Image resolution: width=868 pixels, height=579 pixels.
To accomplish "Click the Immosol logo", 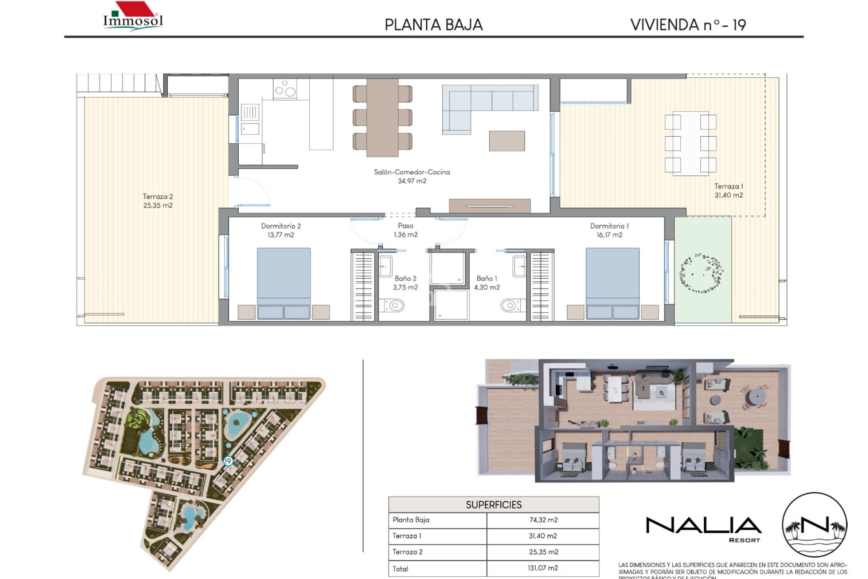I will coord(132,17).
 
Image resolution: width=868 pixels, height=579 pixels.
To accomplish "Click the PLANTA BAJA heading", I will coord(434,25).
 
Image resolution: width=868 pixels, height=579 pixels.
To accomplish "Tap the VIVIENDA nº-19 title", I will coord(688,25).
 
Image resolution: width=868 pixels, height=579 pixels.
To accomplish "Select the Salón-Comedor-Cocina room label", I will coord(412,172).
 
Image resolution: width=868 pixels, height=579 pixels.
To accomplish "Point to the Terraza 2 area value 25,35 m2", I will coord(158,205).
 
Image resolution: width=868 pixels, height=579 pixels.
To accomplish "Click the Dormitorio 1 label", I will coord(609,226).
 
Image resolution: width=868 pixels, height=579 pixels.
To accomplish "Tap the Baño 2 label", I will coord(405,279).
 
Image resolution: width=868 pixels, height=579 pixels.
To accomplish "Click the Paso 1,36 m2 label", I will coord(406,230).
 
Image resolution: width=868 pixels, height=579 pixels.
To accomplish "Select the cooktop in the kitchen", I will coord(285,89).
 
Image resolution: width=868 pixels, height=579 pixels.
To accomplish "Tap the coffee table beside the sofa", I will coord(507,141).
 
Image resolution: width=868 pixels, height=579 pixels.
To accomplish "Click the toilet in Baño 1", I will coord(509,306).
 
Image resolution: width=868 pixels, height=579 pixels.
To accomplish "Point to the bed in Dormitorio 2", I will coord(283,280).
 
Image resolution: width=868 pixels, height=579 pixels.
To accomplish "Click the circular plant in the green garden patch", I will coord(702,273).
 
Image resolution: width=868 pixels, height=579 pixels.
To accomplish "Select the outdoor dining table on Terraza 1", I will coord(690,143).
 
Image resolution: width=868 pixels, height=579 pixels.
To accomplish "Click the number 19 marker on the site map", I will coord(228,461).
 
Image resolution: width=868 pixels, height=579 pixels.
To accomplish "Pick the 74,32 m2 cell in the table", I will coord(543,520).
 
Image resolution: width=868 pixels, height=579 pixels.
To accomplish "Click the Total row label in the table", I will coord(400,569).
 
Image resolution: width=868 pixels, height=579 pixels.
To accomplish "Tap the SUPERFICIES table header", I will coord(493,505).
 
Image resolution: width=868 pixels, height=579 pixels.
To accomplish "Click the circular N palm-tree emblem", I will coord(814,525).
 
